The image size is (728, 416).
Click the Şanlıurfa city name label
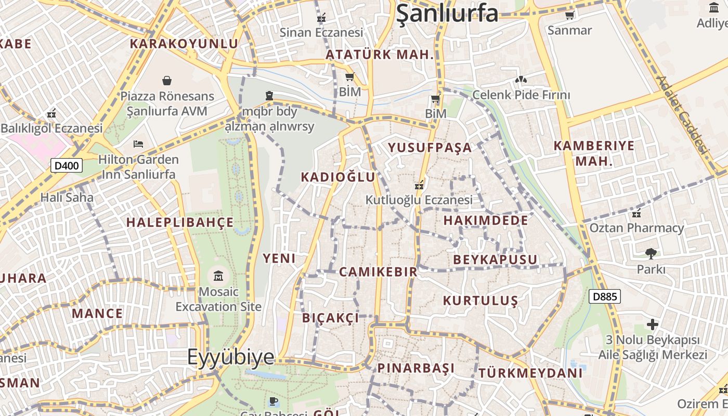[x=447, y=14]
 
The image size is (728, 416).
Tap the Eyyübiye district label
[x=230, y=357]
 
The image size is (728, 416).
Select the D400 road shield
[x=67, y=166]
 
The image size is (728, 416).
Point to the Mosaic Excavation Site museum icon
[x=218, y=276]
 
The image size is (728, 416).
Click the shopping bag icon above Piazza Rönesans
[x=167, y=81]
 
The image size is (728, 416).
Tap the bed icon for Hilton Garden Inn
[x=138, y=144]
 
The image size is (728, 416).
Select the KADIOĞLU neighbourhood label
[x=338, y=177]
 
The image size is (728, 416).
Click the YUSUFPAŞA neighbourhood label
[x=430, y=148]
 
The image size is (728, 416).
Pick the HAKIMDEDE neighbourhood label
[x=486, y=220]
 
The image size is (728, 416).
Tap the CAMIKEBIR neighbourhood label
[x=378, y=271]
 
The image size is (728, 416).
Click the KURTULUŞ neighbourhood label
[x=480, y=301]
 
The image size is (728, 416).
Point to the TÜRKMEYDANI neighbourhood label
[x=530, y=373]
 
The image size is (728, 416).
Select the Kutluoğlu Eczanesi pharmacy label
[x=419, y=200]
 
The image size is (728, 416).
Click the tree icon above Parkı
[x=651, y=254]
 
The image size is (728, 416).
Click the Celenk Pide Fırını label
[x=521, y=95]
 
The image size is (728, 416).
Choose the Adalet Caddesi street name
[x=683, y=115]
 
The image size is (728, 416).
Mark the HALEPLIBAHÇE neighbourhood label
[x=180, y=223]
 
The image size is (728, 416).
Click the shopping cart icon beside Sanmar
[x=570, y=15]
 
